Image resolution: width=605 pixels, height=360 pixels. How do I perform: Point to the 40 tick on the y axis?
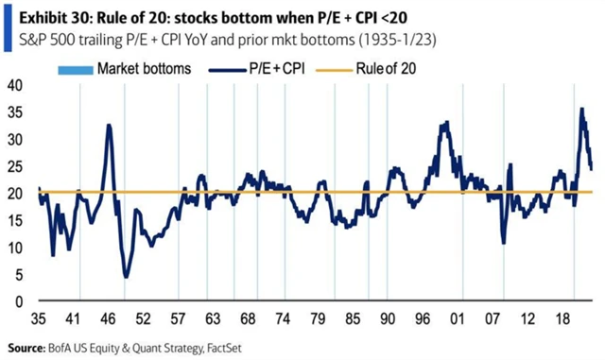[15, 84]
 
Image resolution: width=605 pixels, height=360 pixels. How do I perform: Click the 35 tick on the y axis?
[15, 111]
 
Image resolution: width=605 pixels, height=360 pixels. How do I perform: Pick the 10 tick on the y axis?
[15, 248]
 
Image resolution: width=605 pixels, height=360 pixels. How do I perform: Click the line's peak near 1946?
[110, 126]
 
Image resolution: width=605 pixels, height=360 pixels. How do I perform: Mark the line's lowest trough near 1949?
[126, 277]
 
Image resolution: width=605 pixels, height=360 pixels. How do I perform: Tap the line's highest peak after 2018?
[581, 110]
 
